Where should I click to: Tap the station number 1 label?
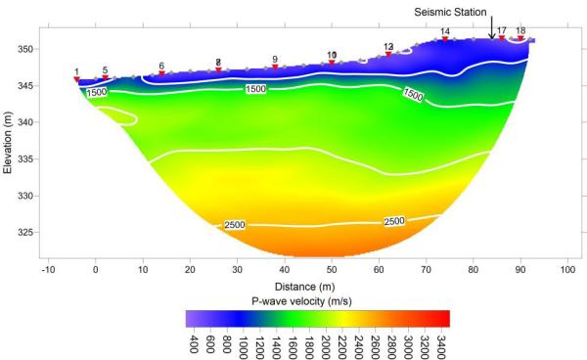[x=76, y=72]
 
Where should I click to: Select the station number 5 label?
[x=105, y=70]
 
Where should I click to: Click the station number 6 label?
[x=161, y=66]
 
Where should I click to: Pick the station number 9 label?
[x=275, y=60]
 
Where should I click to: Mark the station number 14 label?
[x=445, y=31]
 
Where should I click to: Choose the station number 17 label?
[x=501, y=31]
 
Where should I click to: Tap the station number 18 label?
[x=520, y=31]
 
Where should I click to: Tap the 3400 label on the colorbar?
[x=442, y=342]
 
